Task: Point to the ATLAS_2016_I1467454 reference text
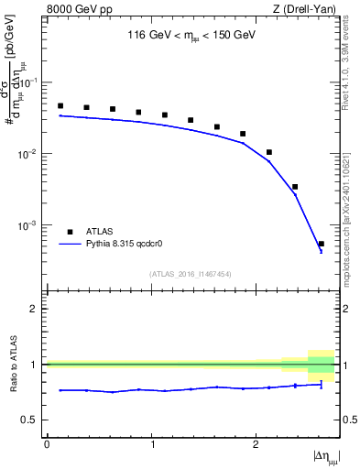pos(191,273)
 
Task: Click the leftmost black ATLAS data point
pos(60,105)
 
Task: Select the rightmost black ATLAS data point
pos(321,244)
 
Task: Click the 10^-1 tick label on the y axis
pos(32,82)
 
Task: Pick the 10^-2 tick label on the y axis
pos(32,154)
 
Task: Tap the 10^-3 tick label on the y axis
pos(32,225)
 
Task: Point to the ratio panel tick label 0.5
pos(33,420)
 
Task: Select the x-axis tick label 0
pos(47,443)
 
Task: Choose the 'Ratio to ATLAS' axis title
pos(13,365)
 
